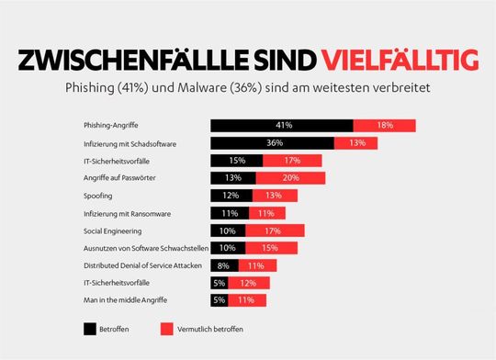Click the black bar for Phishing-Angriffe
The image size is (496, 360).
point(281,126)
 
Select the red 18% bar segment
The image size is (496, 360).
point(384,126)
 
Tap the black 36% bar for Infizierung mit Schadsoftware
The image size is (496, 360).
point(272,143)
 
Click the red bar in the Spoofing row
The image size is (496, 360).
point(273,196)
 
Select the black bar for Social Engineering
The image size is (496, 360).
point(228,231)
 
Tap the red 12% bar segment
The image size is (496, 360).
point(247,283)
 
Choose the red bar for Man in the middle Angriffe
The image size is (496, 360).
point(246,300)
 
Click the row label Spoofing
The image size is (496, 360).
point(99,196)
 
